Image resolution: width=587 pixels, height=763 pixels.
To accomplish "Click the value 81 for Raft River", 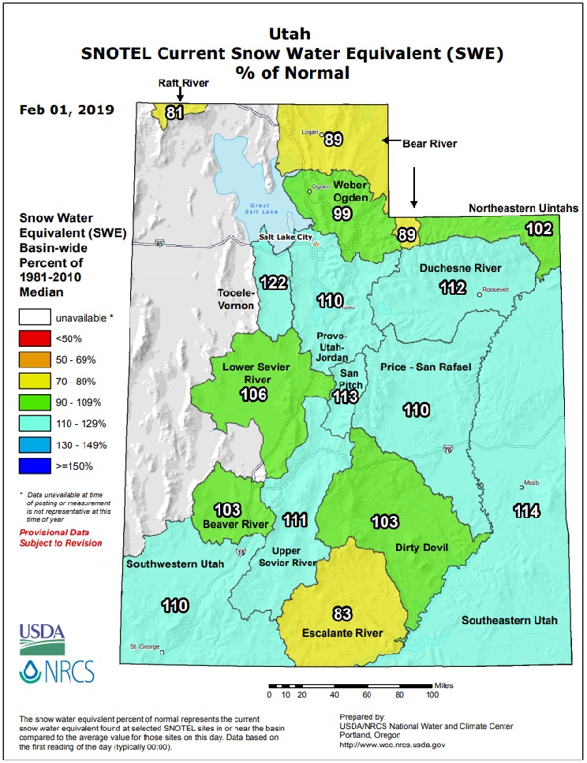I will pyautogui.click(x=174, y=113).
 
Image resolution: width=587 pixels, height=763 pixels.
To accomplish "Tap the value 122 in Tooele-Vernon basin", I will pyautogui.click(x=275, y=282).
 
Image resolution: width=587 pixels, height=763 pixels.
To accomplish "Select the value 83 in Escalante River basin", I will pyautogui.click(x=342, y=614).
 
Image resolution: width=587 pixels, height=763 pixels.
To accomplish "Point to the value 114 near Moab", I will pyautogui.click(x=526, y=511).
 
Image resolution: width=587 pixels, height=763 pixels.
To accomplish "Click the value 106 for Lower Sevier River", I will pyautogui.click(x=254, y=394).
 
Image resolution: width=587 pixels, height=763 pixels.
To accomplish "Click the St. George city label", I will pyautogui.click(x=143, y=647).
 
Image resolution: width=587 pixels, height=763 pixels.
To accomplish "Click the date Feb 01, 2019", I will pyautogui.click(x=66, y=109).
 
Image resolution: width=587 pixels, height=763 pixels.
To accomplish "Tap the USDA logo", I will pyautogui.click(x=41, y=636).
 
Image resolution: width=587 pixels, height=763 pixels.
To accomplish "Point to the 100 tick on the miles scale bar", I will pyautogui.click(x=432, y=694).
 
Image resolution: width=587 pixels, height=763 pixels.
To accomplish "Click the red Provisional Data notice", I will pyautogui.click(x=61, y=538).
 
